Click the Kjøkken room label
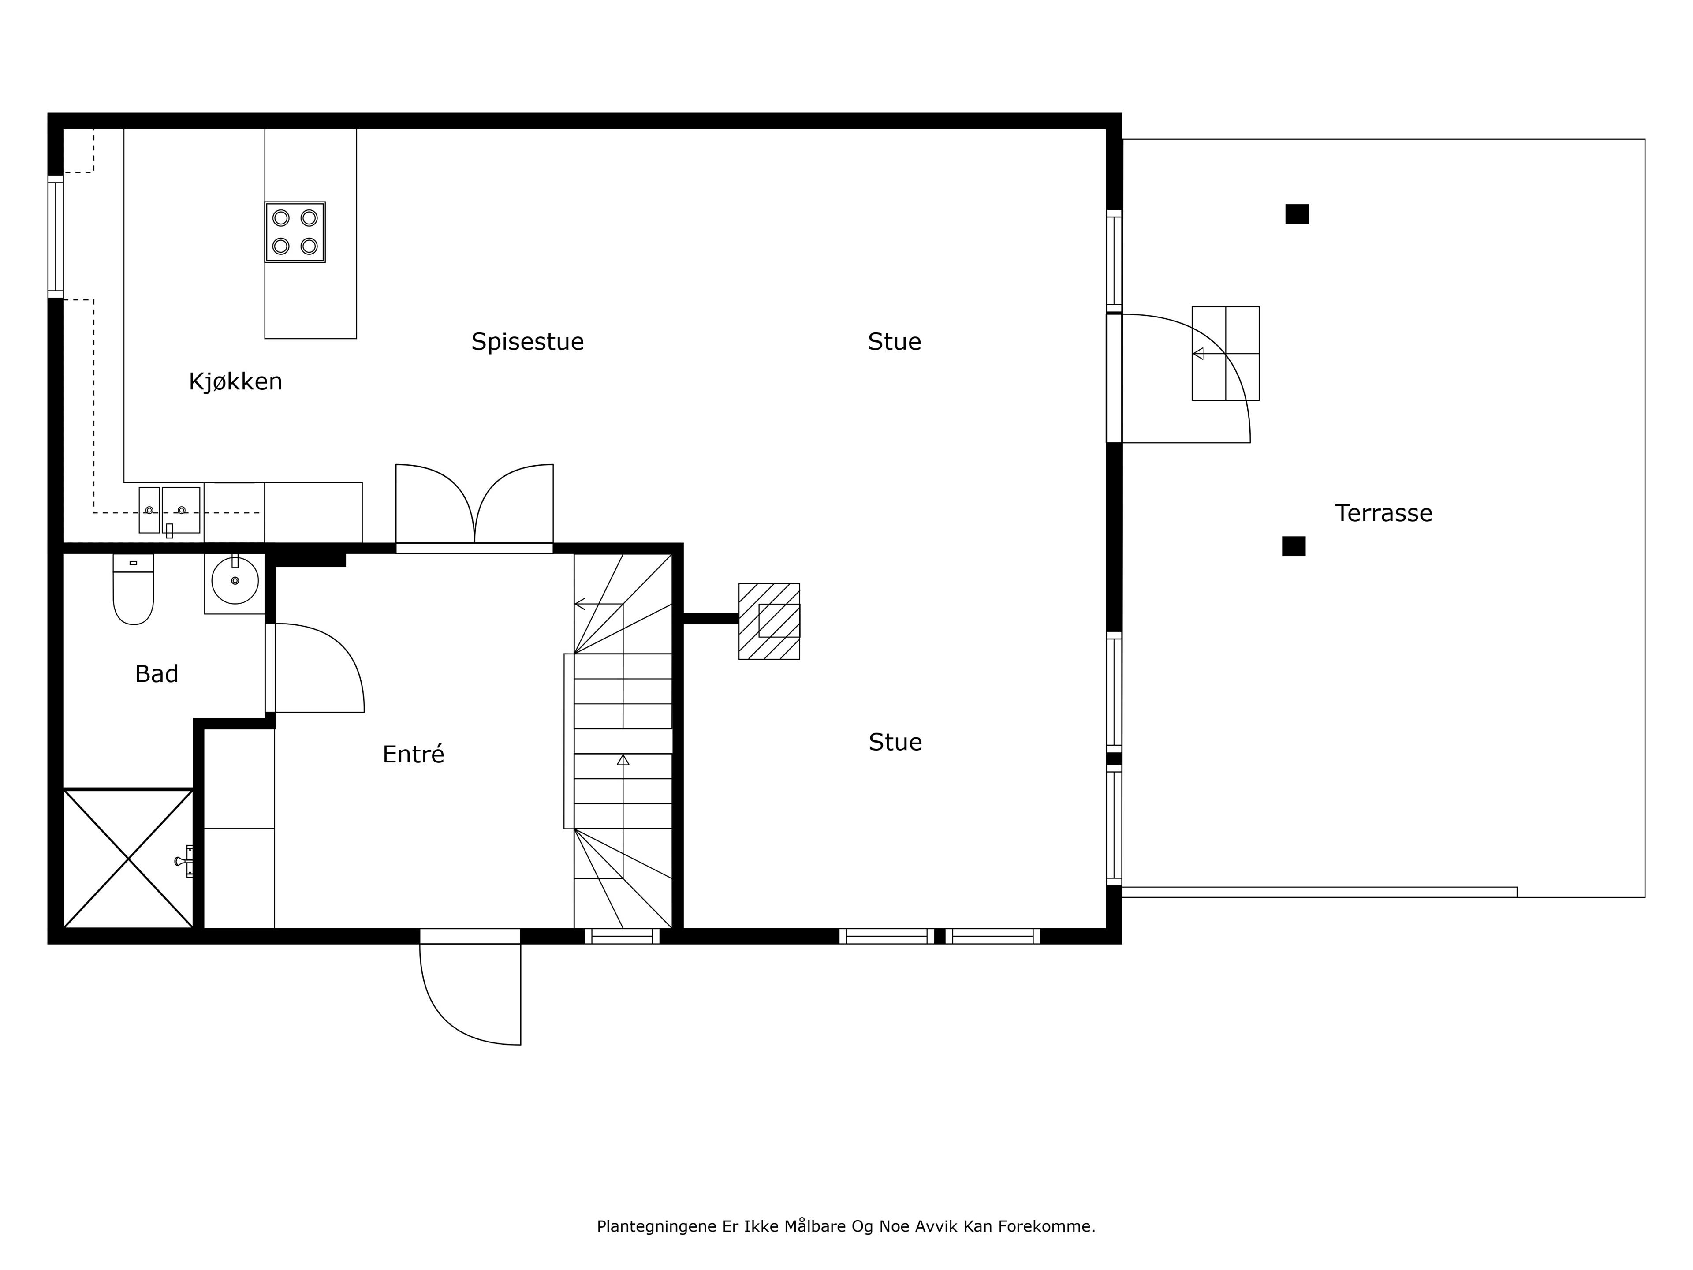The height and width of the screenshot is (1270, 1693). pos(236,381)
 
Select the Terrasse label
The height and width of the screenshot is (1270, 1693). pos(1384,513)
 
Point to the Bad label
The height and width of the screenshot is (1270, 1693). pos(157,674)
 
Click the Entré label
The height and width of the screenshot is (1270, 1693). pos(413,754)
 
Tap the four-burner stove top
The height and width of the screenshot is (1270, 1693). pos(295,232)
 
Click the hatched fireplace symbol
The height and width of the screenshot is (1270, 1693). pos(769,621)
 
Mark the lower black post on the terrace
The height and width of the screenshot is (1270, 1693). pos(1294,546)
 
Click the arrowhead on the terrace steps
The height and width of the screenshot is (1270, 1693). pos(1198,354)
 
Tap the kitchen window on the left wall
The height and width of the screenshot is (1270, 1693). pos(55,236)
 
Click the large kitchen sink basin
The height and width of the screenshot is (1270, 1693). pos(181,510)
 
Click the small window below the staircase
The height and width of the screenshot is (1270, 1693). pos(622,935)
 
